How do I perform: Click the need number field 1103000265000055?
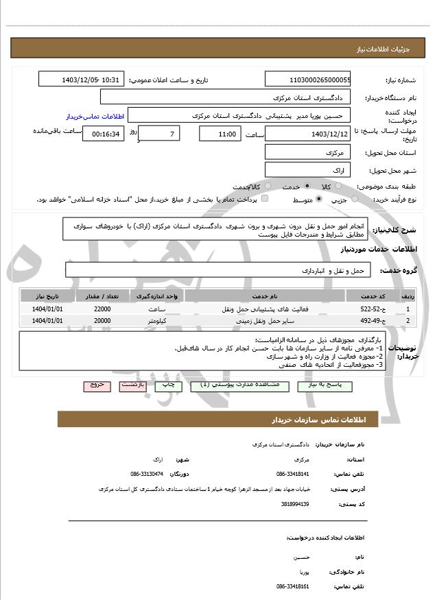coord(308,80)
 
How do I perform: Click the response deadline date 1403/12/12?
coord(308,134)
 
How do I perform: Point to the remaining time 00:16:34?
coord(104,134)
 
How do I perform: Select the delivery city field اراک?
coord(308,169)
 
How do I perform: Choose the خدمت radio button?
coord(306,187)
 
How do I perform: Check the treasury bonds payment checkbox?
coord(265,200)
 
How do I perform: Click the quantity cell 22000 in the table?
coord(102,309)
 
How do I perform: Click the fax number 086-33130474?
coord(147,474)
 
